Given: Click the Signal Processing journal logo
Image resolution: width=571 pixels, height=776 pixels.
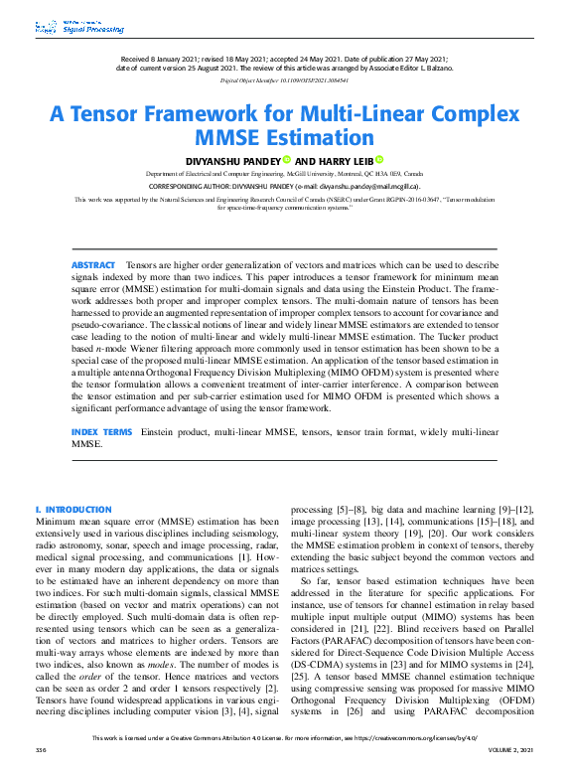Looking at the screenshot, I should coord(66,28).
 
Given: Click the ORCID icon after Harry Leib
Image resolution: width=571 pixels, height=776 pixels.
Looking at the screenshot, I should coord(378,159).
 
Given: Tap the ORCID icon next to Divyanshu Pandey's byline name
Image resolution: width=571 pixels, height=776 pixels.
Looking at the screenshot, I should coord(286,159).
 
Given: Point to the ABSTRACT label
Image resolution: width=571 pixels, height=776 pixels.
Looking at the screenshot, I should coord(93,265).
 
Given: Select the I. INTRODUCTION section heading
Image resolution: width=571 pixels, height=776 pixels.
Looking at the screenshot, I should coord(73,510).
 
